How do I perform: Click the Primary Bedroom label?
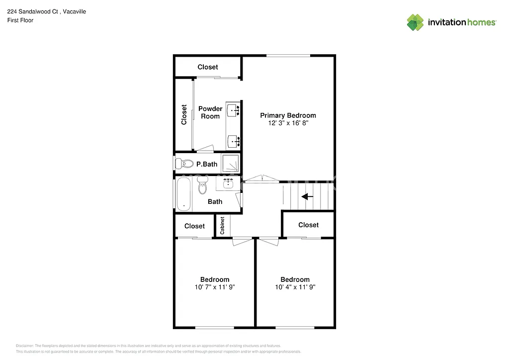coord(288,115)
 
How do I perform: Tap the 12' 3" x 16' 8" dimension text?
coord(288,123)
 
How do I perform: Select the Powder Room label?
coord(210,112)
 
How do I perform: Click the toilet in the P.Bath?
coord(185,163)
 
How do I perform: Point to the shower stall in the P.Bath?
coord(230,163)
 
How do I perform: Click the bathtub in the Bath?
coord(183,194)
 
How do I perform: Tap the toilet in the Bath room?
coord(202,187)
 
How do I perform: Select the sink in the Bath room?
coord(229,184)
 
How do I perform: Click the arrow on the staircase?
coord(308,197)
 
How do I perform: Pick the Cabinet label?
coord(222,225)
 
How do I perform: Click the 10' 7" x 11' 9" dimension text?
coord(215,287)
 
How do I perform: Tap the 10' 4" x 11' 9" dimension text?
coord(295,287)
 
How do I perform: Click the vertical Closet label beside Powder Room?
coord(184,114)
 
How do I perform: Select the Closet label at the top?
coord(208,67)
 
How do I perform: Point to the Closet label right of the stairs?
coord(308,225)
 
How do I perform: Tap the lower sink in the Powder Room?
coord(233,142)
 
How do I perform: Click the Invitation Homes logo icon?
coord(416,22)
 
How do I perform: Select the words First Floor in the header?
coord(20,20)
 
